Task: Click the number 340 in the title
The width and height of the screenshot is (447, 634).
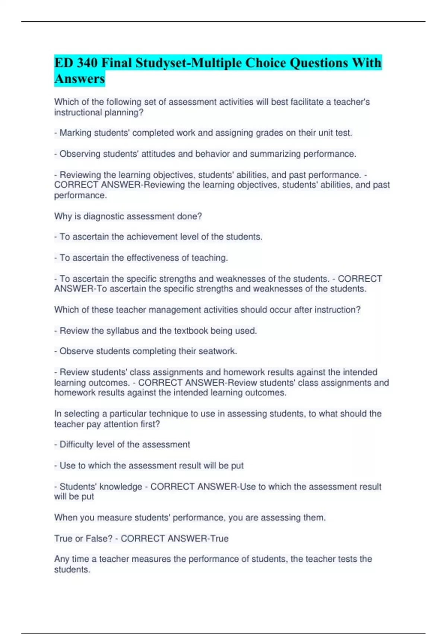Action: pyautogui.click(x=87, y=63)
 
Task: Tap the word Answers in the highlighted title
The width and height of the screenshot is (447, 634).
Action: pyautogui.click(x=79, y=79)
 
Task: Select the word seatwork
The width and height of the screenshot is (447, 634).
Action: pyautogui.click(x=218, y=351)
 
